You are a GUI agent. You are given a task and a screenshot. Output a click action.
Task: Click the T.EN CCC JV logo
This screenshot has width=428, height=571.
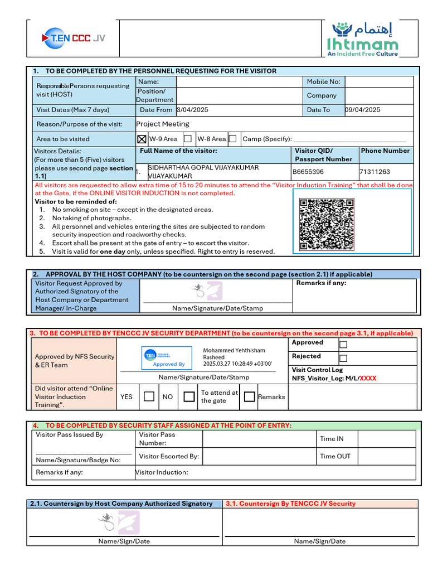pos(73,38)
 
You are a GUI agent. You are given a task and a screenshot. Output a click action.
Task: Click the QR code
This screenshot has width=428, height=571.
pos(327,224)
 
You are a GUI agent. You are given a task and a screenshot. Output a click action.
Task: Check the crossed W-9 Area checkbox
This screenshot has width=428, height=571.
pos(142,139)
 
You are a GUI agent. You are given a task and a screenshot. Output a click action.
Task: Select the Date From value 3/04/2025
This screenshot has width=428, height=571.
pos(192,110)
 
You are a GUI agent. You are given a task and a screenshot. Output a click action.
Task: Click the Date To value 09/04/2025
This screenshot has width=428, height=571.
pos(363,110)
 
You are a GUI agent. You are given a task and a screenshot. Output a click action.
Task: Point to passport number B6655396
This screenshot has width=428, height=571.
pos(308,172)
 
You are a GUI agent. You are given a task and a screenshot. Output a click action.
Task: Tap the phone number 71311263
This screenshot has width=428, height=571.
pos(375,172)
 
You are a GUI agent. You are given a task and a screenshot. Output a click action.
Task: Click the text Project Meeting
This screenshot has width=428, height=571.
pos(163,124)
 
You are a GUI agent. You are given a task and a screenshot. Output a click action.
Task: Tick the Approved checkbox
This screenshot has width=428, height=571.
pos(343,345)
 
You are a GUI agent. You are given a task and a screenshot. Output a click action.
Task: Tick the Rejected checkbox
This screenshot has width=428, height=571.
pos(343,358)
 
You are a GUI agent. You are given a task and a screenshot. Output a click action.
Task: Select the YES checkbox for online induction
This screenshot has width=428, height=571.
pos(149,396)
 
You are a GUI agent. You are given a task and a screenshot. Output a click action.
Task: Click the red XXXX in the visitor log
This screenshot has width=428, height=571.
pos(368,378)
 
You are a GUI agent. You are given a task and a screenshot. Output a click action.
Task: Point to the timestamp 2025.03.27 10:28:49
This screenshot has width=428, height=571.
pos(237,364)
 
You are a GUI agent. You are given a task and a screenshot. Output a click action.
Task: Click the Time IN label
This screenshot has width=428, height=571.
pos(332,439)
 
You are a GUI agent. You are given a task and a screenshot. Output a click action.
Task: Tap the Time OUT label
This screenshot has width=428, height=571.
pos(335,456)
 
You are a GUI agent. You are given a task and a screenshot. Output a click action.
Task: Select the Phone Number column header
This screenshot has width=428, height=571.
pos(385,151)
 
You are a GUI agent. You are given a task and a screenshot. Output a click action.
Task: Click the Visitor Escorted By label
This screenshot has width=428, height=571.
pos(169,456)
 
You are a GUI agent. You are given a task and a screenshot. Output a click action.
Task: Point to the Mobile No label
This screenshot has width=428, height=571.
pos(323,81)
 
